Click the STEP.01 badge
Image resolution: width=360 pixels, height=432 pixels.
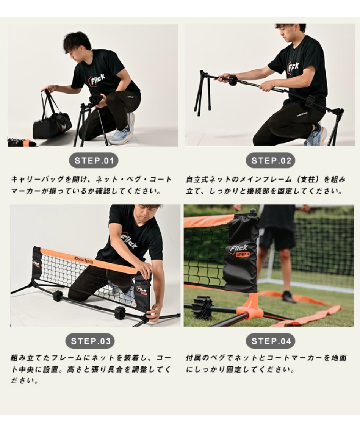[94, 161]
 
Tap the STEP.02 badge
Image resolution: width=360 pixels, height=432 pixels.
[270, 161]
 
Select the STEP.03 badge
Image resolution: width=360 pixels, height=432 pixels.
[90, 341]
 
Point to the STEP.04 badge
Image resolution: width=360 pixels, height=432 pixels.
[270, 341]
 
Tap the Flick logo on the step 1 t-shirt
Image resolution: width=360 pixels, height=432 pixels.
[97, 79]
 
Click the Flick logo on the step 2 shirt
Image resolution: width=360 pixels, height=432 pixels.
[293, 67]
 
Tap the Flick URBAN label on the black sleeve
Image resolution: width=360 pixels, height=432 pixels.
[239, 251]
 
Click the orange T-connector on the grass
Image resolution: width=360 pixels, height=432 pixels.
[250, 307]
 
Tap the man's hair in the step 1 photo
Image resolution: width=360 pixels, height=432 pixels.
[77, 41]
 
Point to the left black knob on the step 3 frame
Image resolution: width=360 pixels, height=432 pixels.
[58, 296]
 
